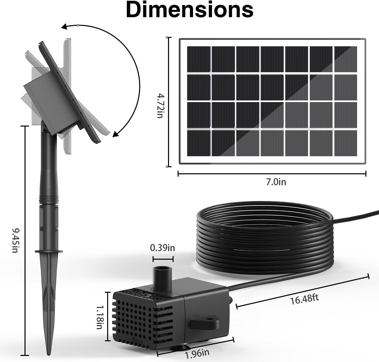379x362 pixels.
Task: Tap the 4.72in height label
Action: [160, 106]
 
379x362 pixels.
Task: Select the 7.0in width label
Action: [276, 182]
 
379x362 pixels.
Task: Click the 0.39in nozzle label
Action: [162, 248]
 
